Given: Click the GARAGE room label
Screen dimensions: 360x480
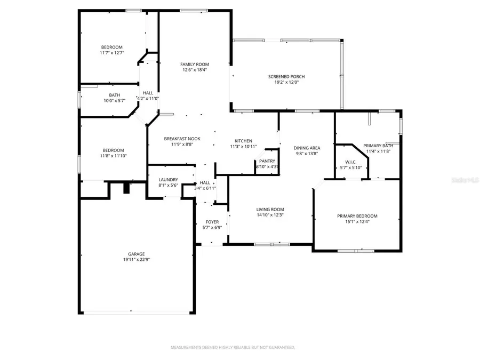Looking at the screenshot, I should click(136, 254).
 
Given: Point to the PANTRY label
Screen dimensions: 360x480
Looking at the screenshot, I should click(267, 161).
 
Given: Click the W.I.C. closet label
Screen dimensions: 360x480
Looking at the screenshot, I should click(350, 162).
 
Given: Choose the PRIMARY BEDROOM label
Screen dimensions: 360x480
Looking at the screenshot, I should click(357, 216).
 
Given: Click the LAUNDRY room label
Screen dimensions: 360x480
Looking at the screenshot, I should click(168, 180).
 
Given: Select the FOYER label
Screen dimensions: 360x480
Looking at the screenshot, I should click(212, 222).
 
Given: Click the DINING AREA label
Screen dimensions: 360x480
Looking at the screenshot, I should click(307, 148).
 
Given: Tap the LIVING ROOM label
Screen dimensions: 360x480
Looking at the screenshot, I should click(270, 210).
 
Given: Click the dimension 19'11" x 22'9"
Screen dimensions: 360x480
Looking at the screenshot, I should click(136, 260).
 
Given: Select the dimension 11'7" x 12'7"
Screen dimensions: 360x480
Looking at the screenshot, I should click(111, 53).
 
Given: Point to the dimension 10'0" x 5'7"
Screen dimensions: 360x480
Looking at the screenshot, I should click(114, 100).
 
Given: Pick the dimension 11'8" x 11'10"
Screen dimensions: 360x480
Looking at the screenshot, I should click(113, 156).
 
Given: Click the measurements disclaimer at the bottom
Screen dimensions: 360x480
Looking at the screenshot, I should click(233, 347).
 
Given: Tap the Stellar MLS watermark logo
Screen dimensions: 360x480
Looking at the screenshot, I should click(467, 181).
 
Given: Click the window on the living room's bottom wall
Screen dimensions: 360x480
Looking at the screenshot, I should click(271, 244).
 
